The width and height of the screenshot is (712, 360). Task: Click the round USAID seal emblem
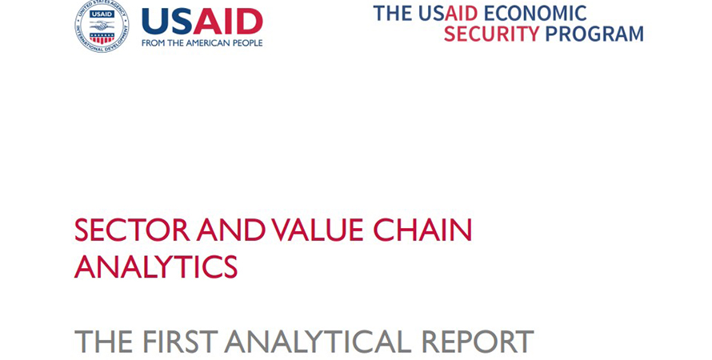(102, 26)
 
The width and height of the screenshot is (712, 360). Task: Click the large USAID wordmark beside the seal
(202, 22)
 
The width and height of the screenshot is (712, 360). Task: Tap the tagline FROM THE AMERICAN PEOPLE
(202, 43)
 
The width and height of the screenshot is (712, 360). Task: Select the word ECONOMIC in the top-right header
(535, 13)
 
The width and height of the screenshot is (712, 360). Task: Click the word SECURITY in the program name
(491, 34)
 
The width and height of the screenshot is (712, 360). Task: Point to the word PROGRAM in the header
(594, 34)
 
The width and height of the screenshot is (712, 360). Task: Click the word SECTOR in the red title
(132, 230)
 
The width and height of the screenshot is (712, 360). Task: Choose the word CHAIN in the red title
(422, 230)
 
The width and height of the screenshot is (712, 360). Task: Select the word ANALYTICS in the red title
(156, 266)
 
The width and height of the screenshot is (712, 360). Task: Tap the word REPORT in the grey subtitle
(478, 341)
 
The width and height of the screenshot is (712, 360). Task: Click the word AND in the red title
(231, 230)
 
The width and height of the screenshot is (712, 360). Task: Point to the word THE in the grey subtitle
(104, 341)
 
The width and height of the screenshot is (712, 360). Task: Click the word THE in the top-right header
(394, 13)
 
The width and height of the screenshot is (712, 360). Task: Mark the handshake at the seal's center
(102, 26)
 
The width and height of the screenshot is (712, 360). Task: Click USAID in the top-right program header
(448, 13)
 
